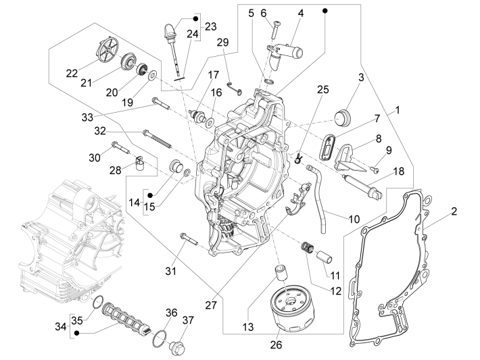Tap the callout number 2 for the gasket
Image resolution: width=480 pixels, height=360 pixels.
click(454, 211)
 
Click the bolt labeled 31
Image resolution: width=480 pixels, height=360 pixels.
click(187, 238)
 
